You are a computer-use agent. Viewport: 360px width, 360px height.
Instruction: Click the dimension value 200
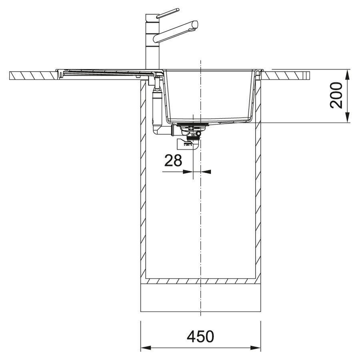click(336, 95)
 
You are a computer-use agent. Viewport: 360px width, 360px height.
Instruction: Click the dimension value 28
click(173, 160)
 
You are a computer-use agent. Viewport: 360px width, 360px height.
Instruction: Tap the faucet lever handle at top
click(168, 13)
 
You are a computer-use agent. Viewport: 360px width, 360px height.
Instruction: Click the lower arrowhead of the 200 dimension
click(347, 118)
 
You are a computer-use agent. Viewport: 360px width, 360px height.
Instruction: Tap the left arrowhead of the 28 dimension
click(188, 172)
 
